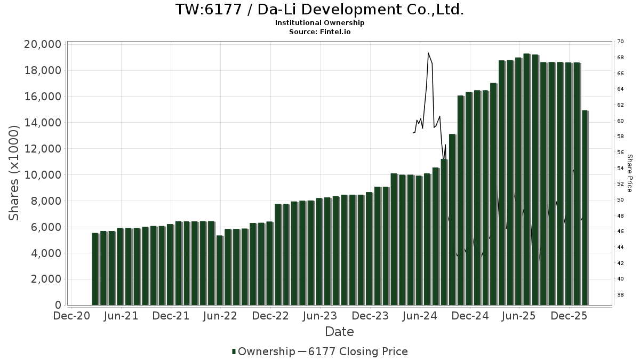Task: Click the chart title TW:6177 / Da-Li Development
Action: click(x=319, y=10)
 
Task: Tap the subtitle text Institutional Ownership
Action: click(x=319, y=23)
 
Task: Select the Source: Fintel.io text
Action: click(x=319, y=31)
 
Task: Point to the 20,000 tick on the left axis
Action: click(x=43, y=44)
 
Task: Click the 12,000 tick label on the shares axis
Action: click(x=43, y=149)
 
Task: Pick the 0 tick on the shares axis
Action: click(x=58, y=305)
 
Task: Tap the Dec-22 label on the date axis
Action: click(x=270, y=316)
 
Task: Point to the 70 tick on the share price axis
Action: click(x=620, y=42)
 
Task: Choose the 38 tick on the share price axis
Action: click(x=620, y=294)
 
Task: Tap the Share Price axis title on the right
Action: click(x=629, y=173)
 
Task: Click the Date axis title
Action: click(x=339, y=332)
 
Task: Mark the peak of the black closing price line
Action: click(x=428, y=53)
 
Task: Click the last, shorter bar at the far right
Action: click(x=585, y=208)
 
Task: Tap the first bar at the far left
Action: click(x=95, y=269)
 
